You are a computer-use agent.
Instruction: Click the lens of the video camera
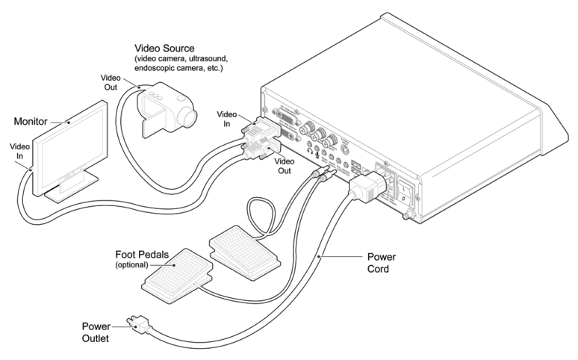tap(188, 117)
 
